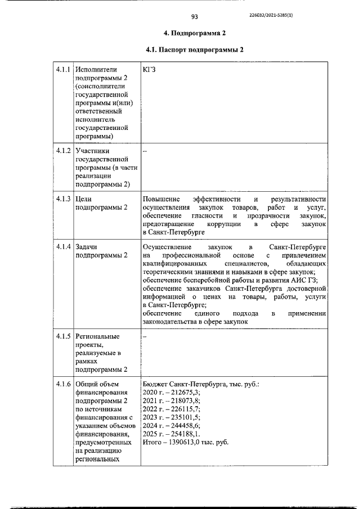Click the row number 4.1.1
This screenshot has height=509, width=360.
pyautogui.click(x=62, y=69)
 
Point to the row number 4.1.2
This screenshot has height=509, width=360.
pyautogui.click(x=62, y=151)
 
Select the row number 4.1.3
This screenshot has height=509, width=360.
pyautogui.click(x=62, y=199)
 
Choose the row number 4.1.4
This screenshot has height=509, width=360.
pyautogui.click(x=62, y=247)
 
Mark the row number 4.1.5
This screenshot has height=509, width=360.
pyautogui.click(x=62, y=336)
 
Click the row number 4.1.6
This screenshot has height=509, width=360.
pyautogui.click(x=62, y=384)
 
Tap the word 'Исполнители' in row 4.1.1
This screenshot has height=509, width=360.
pyautogui.click(x=96, y=69)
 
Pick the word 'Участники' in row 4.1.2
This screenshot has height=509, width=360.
pyautogui.click(x=93, y=151)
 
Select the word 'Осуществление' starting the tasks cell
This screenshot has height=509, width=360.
pyautogui.click(x=167, y=247)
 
